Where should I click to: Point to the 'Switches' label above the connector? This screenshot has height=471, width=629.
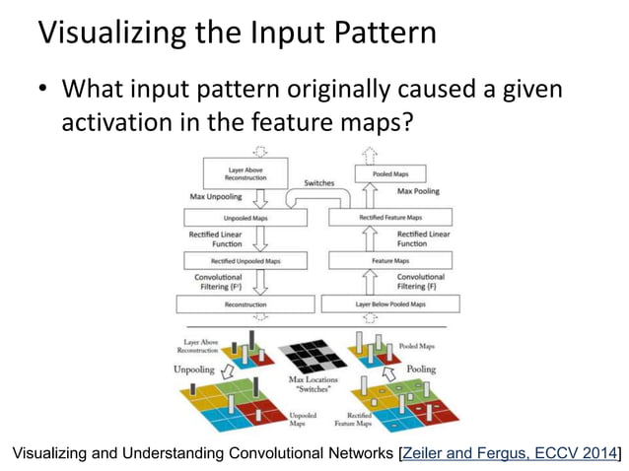point(317,183)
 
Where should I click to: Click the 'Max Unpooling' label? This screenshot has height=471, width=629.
point(211,196)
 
